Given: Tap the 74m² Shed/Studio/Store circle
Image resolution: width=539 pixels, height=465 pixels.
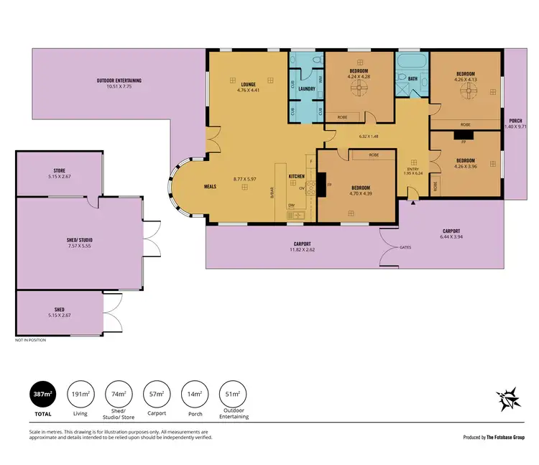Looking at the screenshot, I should [x=117, y=395].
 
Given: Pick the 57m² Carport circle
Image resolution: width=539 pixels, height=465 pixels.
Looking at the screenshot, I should [x=157, y=395].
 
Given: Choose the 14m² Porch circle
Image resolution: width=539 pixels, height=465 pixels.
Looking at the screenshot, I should [x=195, y=395].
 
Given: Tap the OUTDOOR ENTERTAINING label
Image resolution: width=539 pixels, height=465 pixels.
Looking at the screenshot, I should [x=119, y=80].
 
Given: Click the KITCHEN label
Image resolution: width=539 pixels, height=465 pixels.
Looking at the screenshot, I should [x=298, y=176].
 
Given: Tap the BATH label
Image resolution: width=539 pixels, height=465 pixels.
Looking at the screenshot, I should [x=413, y=78].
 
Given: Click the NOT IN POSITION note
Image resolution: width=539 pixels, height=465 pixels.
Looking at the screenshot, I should [x=30, y=340].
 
